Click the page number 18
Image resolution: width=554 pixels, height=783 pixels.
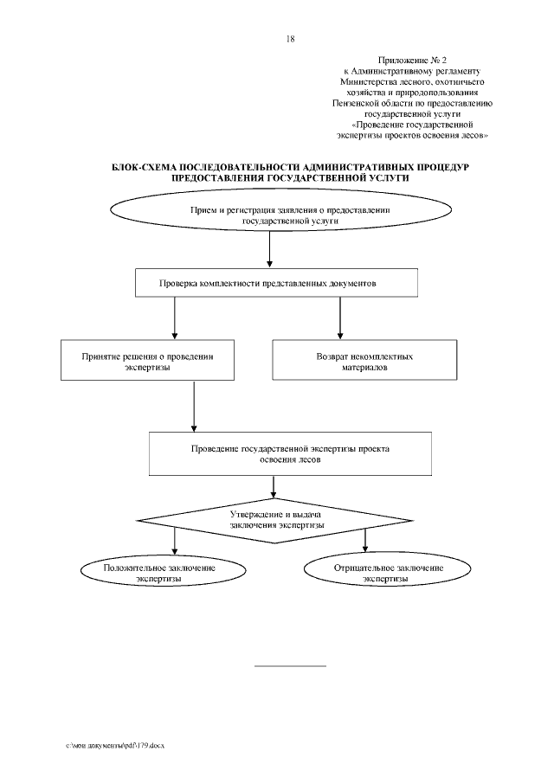tap(290, 39)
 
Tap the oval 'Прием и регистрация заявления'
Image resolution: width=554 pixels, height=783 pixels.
tap(290, 215)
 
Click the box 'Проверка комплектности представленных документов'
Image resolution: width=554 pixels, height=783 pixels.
tap(278, 283)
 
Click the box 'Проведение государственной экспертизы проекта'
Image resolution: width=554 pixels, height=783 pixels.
tap(290, 455)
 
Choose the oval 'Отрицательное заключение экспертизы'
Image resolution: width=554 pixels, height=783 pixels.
tap(389, 573)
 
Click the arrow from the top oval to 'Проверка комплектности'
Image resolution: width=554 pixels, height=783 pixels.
tap(271, 252)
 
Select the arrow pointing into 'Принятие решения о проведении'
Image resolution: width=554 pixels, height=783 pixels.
tap(175, 319)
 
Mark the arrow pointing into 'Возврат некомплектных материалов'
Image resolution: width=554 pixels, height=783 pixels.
tap(338, 319)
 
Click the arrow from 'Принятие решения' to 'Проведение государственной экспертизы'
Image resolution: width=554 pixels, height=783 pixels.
tap(194, 407)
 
